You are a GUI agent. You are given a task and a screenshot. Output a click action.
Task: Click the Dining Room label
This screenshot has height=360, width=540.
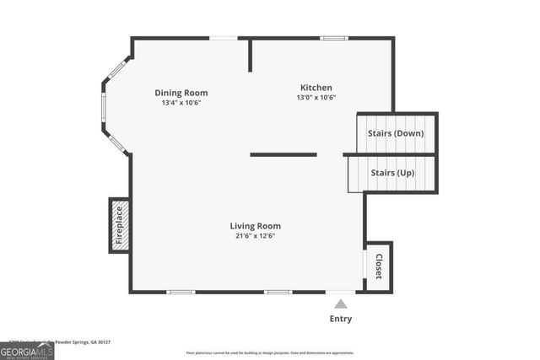[x=181, y=93]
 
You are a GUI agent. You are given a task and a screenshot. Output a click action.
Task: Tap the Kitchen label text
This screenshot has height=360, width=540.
[x=316, y=88]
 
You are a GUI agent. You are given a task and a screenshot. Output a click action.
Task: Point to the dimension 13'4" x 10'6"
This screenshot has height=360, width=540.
[x=181, y=103]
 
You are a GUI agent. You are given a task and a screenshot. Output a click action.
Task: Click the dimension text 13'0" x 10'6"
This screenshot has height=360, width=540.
[x=316, y=98]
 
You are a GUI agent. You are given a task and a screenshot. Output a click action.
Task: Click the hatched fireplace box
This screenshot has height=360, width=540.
[x=119, y=225]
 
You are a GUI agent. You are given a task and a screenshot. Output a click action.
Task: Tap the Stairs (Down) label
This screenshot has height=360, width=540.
[x=396, y=133]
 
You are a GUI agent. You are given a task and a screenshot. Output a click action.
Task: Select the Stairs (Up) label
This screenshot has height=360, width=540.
[x=393, y=173]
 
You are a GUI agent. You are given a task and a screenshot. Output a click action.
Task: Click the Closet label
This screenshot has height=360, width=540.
[x=379, y=266]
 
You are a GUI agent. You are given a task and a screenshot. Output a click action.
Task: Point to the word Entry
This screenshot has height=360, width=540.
[x=340, y=319]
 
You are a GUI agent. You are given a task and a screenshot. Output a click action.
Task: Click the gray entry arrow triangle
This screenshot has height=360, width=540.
[x=340, y=304]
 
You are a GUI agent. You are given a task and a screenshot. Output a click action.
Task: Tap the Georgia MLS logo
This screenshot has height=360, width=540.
[x=27, y=349]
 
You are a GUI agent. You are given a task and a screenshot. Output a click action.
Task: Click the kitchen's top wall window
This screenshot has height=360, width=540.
[x=333, y=38]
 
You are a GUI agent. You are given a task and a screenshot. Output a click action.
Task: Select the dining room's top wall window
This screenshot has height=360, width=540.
[x=224, y=38]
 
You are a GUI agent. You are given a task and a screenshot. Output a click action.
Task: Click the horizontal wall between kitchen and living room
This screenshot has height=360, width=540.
[x=283, y=154]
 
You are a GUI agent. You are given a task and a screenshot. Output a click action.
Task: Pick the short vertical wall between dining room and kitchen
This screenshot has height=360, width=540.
[x=251, y=55]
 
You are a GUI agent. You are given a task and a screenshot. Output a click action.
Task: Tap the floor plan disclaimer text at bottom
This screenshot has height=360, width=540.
[x=270, y=352]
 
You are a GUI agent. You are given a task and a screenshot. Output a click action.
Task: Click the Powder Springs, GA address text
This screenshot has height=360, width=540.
[x=72, y=342]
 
